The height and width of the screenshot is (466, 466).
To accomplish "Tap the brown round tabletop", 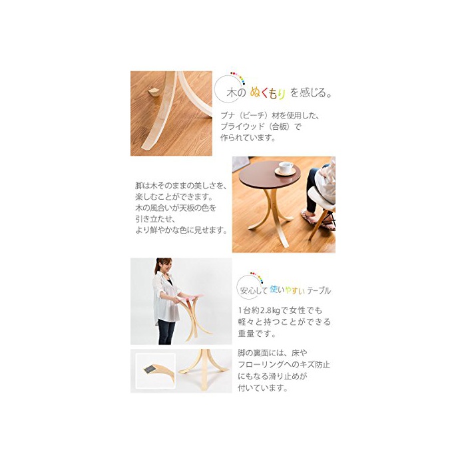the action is (269, 176).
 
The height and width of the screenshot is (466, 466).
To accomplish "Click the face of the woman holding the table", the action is (166, 266).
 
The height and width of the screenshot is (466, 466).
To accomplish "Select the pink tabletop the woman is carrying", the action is (190, 298).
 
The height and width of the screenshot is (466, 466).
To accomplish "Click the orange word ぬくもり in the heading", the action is (268, 93).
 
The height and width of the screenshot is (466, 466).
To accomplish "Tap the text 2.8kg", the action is (270, 311).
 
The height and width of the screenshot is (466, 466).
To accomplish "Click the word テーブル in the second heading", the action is (319, 290).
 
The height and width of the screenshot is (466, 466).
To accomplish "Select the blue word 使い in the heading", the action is (277, 289).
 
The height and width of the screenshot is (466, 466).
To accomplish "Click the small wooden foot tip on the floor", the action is (154, 92).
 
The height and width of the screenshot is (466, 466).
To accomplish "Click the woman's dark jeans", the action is (166, 332).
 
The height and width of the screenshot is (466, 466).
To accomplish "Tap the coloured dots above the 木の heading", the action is (238, 77).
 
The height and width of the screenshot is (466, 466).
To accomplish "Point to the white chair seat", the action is (322, 197).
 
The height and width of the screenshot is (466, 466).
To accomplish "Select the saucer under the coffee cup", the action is (285, 172).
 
